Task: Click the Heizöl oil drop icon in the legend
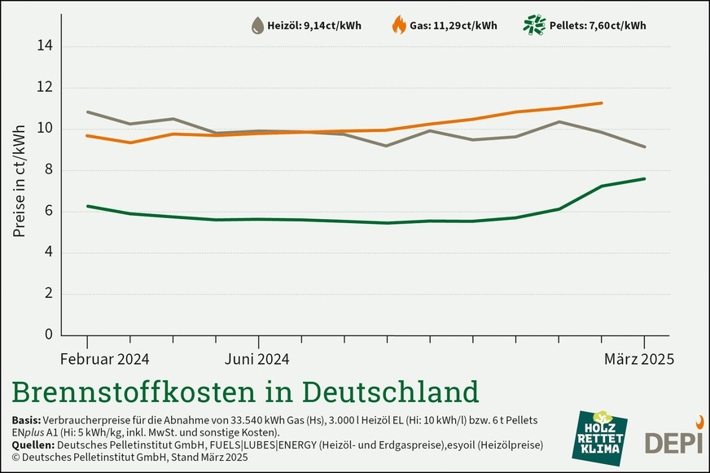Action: pos(257,25)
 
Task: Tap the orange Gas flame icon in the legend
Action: pos(399,25)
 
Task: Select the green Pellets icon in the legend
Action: pos(533,25)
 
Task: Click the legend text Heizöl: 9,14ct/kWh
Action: pos(314,25)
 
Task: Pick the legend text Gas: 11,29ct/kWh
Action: pos(454,25)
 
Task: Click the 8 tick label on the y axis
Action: pos(46,170)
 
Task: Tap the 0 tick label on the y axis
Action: pos(46,335)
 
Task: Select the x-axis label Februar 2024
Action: pos(105,358)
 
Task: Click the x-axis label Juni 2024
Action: pos(256,358)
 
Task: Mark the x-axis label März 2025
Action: pos(639,358)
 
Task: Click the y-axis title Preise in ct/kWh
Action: pos(20,181)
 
